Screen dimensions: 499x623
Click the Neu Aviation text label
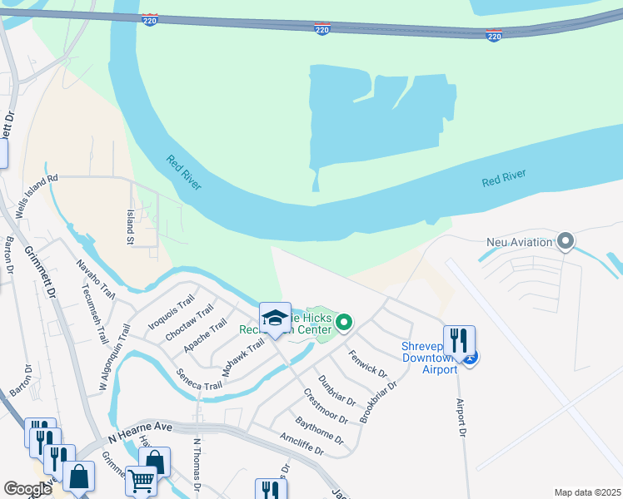[520, 243]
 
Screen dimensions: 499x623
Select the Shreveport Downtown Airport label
[428, 358]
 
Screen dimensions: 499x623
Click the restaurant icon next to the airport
[458, 340]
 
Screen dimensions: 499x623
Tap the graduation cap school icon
[275, 317]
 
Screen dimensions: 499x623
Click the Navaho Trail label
[95, 279]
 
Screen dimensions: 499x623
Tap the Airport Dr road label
[461, 417]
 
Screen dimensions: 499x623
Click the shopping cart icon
[141, 479]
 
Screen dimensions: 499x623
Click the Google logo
[27, 489]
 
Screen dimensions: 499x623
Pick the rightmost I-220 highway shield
[494, 36]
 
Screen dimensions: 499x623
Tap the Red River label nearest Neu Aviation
[504, 179]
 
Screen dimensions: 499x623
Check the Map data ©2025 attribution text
[587, 492]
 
